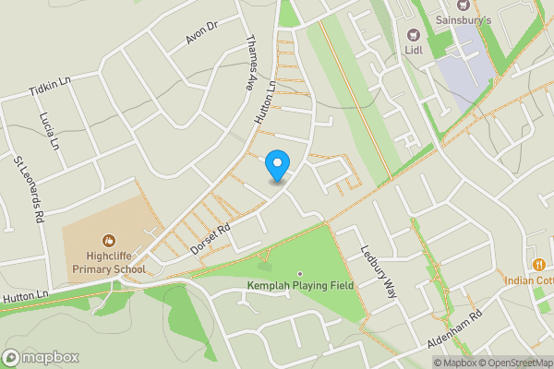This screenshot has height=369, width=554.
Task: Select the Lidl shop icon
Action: [412, 34]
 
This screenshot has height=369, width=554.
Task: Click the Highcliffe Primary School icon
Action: [108, 241]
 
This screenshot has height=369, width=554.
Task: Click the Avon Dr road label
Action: [199, 33]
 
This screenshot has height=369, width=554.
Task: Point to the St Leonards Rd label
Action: [29, 189]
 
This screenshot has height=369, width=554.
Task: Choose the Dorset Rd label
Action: [210, 237]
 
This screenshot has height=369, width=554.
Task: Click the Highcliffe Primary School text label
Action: [109, 263]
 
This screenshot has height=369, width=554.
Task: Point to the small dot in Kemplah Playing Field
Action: [299, 273]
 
